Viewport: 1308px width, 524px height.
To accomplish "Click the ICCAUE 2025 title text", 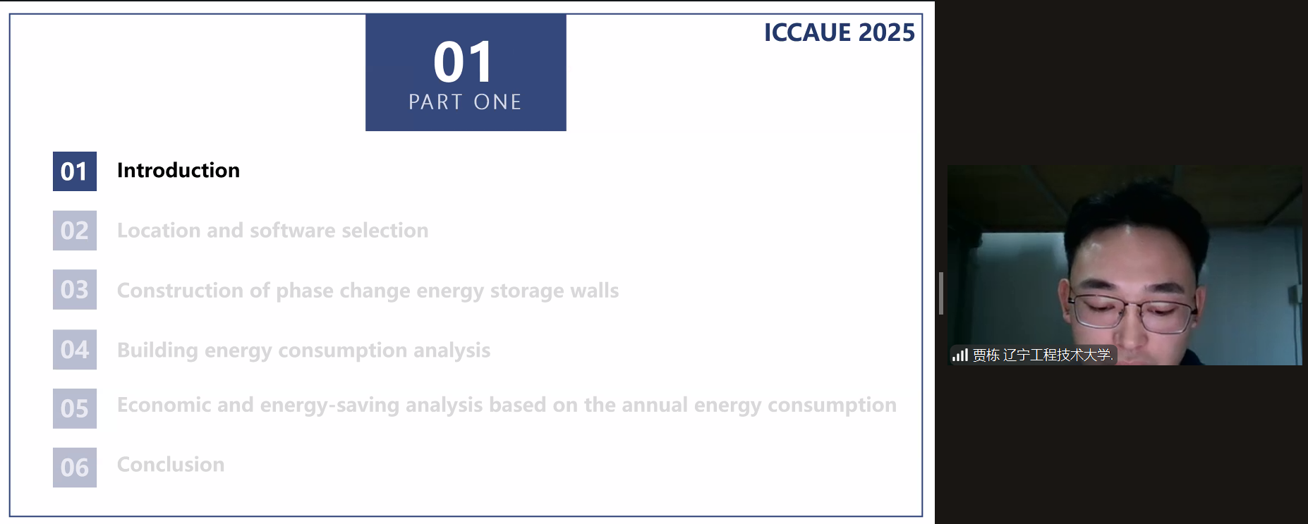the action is [x=839, y=32].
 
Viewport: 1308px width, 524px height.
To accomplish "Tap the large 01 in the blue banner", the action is [x=464, y=62].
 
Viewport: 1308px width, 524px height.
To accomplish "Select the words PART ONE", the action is [x=465, y=102].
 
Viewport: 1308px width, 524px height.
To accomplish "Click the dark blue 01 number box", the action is [x=75, y=171].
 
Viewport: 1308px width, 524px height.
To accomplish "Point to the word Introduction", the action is [x=178, y=170].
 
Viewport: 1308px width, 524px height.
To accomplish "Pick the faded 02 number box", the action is [x=75, y=231].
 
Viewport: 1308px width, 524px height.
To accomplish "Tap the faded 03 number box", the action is [x=75, y=289].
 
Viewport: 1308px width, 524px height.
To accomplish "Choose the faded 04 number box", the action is [x=75, y=349].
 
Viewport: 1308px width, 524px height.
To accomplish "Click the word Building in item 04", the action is [x=157, y=351].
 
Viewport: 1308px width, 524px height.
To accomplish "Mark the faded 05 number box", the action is [x=75, y=408].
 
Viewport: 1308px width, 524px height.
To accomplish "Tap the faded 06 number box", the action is [x=75, y=468].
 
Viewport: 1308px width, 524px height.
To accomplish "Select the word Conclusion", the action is [x=171, y=464].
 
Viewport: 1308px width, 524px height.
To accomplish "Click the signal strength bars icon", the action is [x=959, y=355].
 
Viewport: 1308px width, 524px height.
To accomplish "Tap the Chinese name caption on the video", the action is [x=1043, y=355].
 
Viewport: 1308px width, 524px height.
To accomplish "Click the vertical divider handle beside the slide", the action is [x=941, y=293].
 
